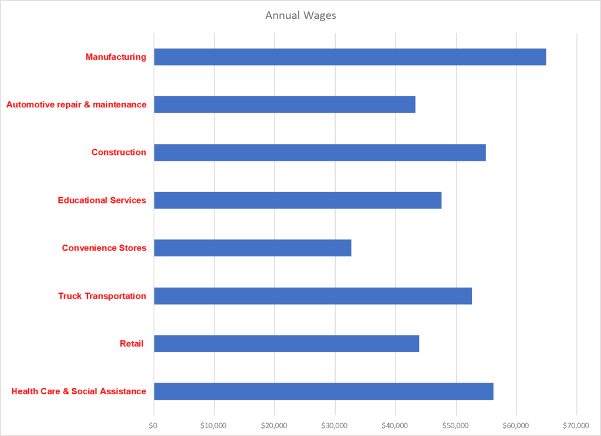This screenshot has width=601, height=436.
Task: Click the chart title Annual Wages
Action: [300, 16]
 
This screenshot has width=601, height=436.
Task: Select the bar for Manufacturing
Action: [350, 57]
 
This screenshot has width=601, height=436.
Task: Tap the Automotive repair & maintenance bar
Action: [285, 104]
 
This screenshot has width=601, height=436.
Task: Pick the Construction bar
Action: [320, 152]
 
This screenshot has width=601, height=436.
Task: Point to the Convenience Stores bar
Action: [252, 248]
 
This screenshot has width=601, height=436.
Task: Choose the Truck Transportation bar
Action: [313, 296]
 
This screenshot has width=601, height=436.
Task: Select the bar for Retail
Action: [286, 343]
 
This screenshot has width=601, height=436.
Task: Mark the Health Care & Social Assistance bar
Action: [323, 391]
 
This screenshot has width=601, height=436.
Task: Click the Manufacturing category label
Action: [116, 57]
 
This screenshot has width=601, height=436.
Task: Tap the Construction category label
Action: [119, 152]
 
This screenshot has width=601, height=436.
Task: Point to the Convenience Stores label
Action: [104, 248]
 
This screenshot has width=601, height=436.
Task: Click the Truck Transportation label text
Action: [102, 296]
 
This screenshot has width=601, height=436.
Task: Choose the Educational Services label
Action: [102, 200]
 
